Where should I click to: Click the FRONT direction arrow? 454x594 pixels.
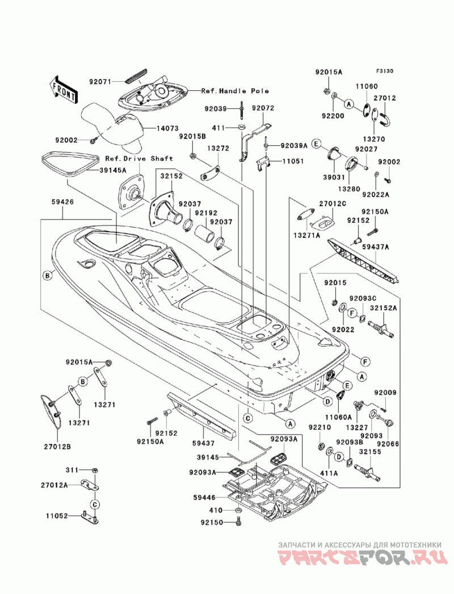click(64, 90)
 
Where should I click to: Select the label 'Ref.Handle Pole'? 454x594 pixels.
click(235, 91)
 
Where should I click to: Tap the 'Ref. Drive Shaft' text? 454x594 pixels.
click(139, 158)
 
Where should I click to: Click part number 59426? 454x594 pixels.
click(62, 202)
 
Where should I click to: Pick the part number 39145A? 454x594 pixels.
click(112, 170)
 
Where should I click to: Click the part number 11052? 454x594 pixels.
click(57, 516)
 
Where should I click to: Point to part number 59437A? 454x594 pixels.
click(376, 247)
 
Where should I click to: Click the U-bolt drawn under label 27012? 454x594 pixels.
click(386, 116)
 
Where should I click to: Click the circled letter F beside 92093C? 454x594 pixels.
click(352, 313)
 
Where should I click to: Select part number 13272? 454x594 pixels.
click(218, 149)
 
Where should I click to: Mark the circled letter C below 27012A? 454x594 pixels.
click(95, 504)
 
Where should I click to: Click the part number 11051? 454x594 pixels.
click(292, 161)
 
